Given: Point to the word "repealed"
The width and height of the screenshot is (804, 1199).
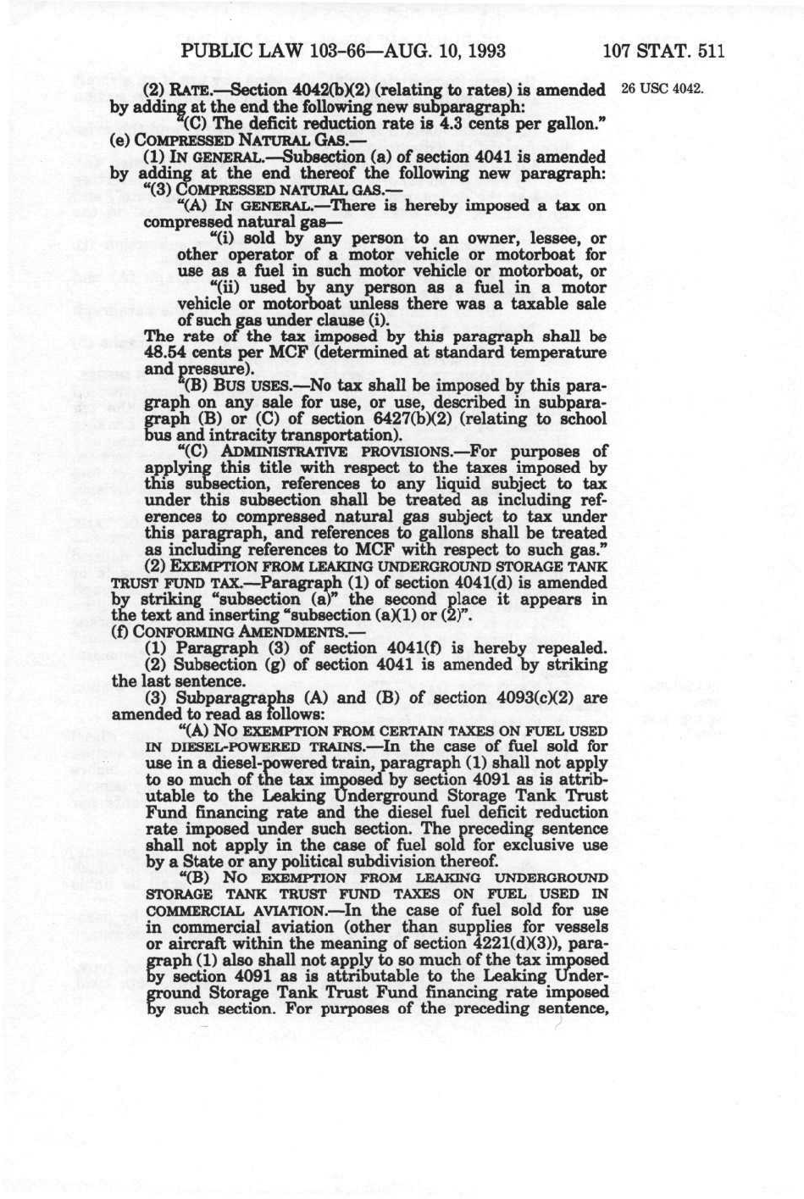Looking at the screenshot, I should coord(571,648).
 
